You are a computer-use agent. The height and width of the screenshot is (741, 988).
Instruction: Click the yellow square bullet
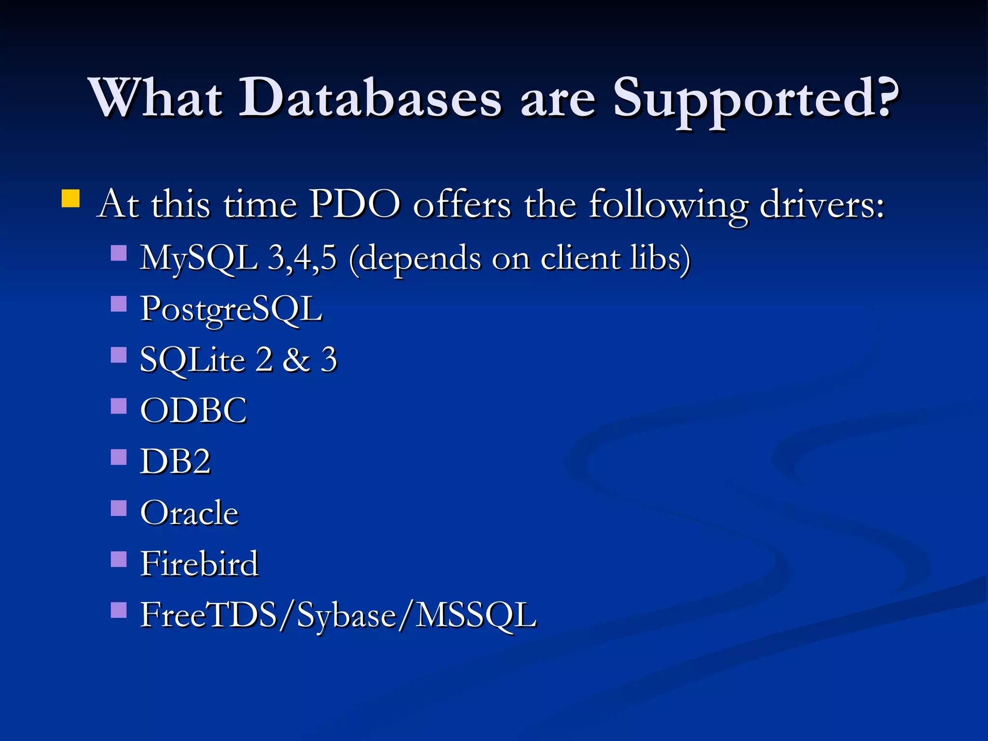[70, 198]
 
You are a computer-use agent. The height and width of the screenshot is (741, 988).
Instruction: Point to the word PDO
[355, 205]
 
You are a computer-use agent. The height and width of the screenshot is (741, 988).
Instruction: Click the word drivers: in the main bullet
[822, 205]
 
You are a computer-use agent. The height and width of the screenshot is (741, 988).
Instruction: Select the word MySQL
[198, 258]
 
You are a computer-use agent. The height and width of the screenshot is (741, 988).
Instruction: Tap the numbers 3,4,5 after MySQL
[302, 258]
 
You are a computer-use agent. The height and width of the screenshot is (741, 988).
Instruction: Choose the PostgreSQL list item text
[231, 309]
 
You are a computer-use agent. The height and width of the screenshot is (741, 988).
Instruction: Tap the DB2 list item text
[176, 462]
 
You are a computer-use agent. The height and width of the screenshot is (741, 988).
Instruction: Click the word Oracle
[190, 513]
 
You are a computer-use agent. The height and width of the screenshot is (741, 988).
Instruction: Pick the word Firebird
[199, 563]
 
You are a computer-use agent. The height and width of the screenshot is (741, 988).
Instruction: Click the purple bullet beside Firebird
[119, 559]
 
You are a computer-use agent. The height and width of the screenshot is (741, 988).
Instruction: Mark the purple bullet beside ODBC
[119, 406]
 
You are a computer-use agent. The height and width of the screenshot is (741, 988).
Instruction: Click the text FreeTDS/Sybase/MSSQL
[338, 615]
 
